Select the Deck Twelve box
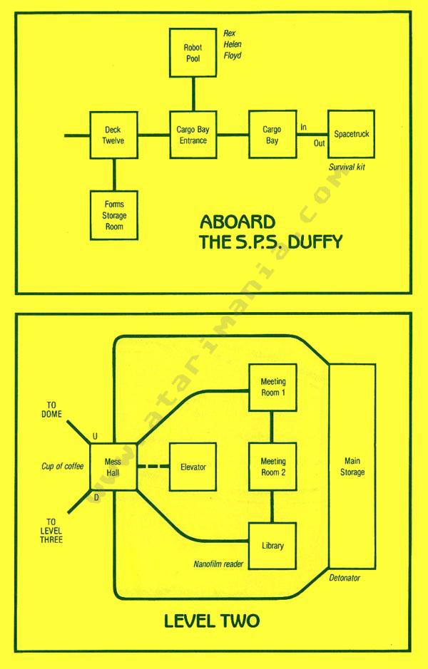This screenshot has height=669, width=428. tap(113, 135)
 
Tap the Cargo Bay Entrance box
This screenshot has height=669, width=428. tap(192, 135)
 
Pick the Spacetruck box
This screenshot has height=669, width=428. tap(351, 134)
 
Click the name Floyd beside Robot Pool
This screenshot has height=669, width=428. tap(233, 53)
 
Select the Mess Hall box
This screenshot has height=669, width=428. tap(113, 467)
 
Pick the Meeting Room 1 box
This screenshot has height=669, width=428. tap(272, 387)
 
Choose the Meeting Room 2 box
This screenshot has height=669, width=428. tap(272, 467)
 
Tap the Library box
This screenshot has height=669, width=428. tap(272, 546)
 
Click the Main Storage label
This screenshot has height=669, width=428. tap(350, 467)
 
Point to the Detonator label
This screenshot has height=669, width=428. tap(345, 578)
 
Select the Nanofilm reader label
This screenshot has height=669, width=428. tap(218, 564)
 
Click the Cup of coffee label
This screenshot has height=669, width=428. tap(62, 467)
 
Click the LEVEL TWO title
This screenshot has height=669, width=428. tap(212, 621)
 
